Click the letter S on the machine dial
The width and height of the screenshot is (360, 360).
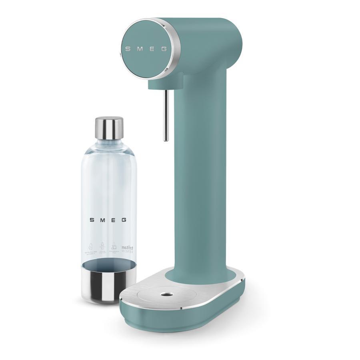pyautogui.click(x=128, y=49)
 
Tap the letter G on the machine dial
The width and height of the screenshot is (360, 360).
pyautogui.click(x=164, y=49)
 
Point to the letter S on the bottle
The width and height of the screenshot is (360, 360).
pyautogui.click(x=92, y=220)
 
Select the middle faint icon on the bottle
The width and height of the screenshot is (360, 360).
pyautogui.click(x=102, y=248)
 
